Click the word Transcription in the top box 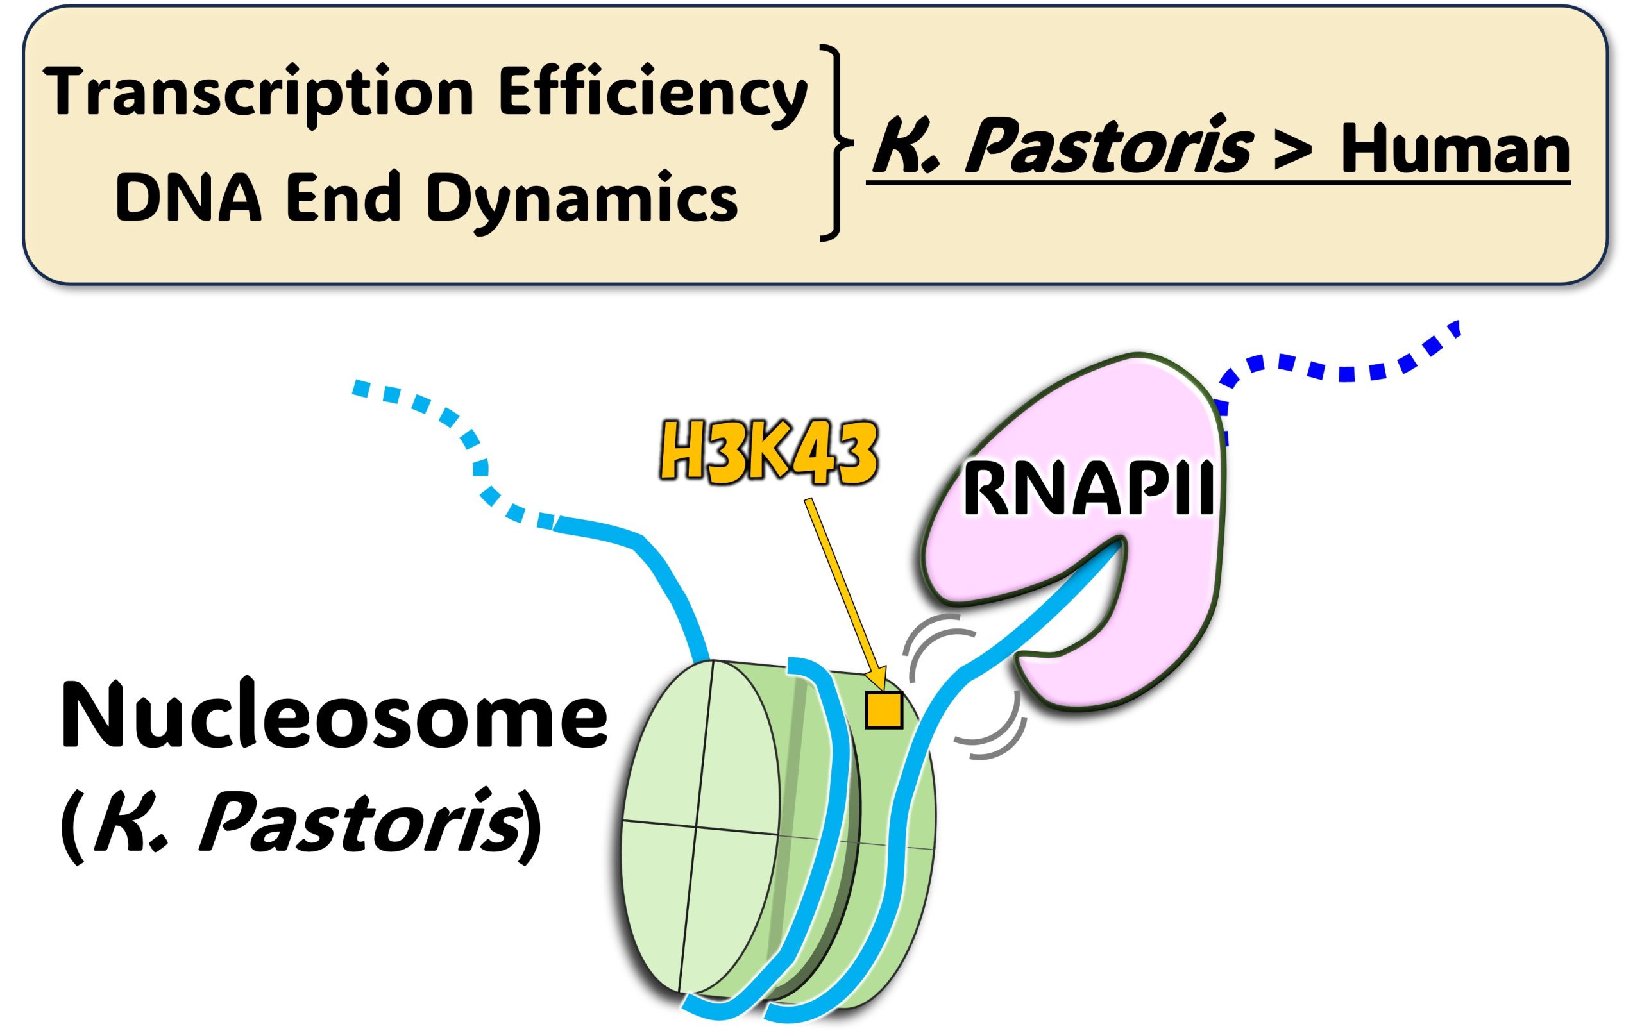259,94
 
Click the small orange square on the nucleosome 884,710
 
